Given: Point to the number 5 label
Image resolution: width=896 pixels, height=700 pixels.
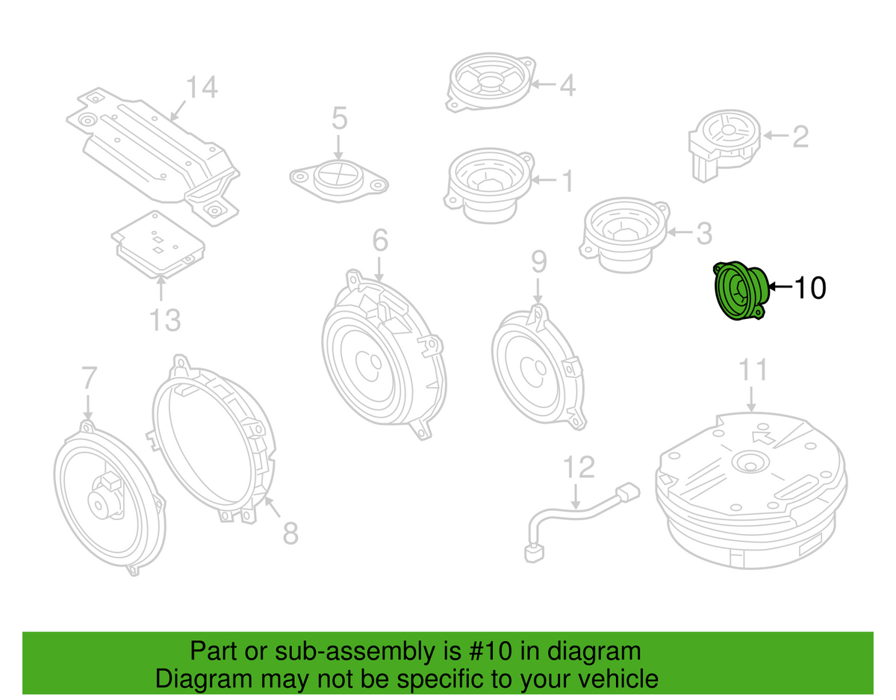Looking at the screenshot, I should [339, 118].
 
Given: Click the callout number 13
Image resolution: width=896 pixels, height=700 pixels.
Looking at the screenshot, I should [164, 320].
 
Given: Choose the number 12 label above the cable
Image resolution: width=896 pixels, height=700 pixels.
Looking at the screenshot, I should [579, 467].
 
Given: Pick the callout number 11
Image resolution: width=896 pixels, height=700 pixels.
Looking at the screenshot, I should [753, 371].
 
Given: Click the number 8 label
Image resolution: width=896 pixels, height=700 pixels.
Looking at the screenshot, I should [290, 533].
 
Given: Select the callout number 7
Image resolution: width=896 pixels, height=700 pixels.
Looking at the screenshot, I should [89, 379].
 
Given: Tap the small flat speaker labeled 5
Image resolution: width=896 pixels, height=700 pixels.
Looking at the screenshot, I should [339, 179].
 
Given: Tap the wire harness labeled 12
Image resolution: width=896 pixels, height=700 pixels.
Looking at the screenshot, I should [575, 515].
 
